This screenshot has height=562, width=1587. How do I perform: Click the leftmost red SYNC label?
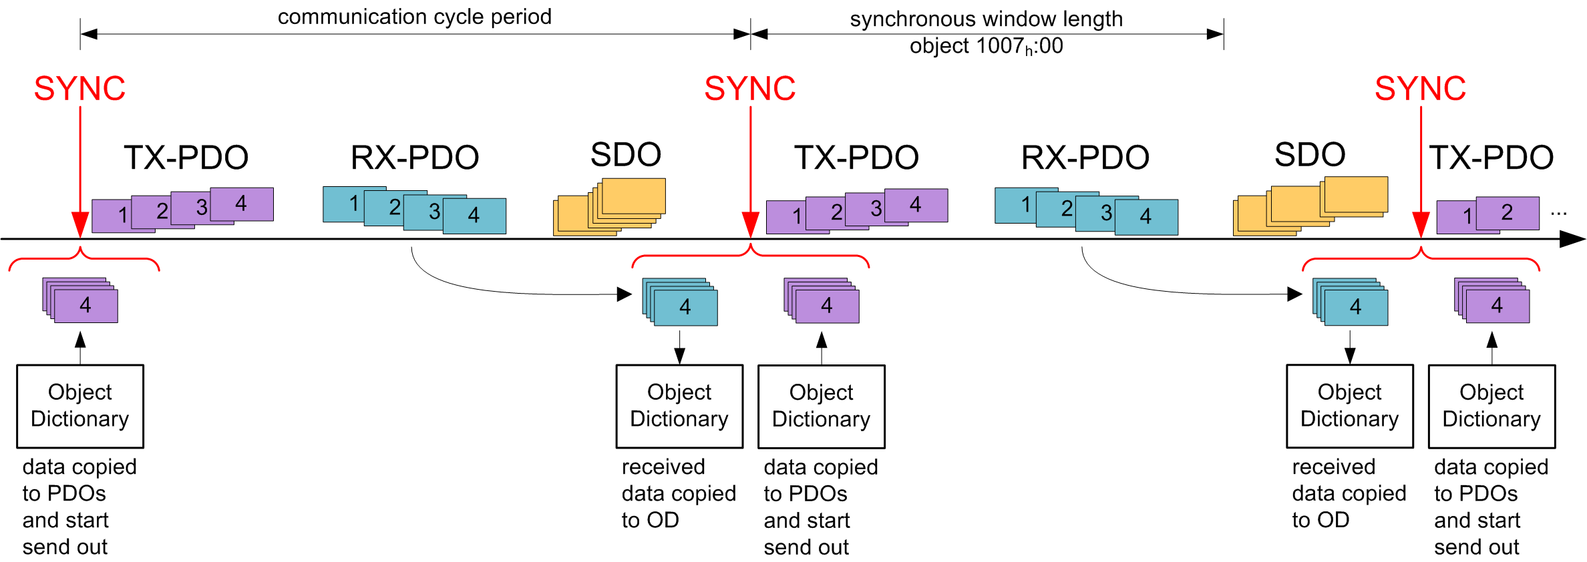point(79,88)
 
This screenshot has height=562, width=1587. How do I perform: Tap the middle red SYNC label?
point(750,88)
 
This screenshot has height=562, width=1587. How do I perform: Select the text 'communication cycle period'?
point(414,17)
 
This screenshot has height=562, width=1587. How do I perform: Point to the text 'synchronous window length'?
point(986,19)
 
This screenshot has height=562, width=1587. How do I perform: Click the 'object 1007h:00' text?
point(986,46)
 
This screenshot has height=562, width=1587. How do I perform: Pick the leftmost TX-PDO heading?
point(186,158)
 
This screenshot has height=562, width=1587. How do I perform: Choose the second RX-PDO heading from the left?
point(1085,158)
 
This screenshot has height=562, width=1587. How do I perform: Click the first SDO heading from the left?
point(626,155)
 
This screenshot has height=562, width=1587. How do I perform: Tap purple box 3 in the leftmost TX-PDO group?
point(200,208)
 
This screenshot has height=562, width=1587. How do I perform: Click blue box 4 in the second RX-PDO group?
point(1146,217)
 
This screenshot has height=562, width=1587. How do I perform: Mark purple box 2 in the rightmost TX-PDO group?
point(1508,212)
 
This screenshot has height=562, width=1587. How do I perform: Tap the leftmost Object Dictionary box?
point(80,406)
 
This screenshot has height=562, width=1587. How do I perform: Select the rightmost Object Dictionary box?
point(1491,406)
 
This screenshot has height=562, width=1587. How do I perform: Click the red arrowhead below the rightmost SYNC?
point(1421,224)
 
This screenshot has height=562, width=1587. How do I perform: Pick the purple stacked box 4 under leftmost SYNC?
point(85,305)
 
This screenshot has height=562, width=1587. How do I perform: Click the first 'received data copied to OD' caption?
point(678,493)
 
